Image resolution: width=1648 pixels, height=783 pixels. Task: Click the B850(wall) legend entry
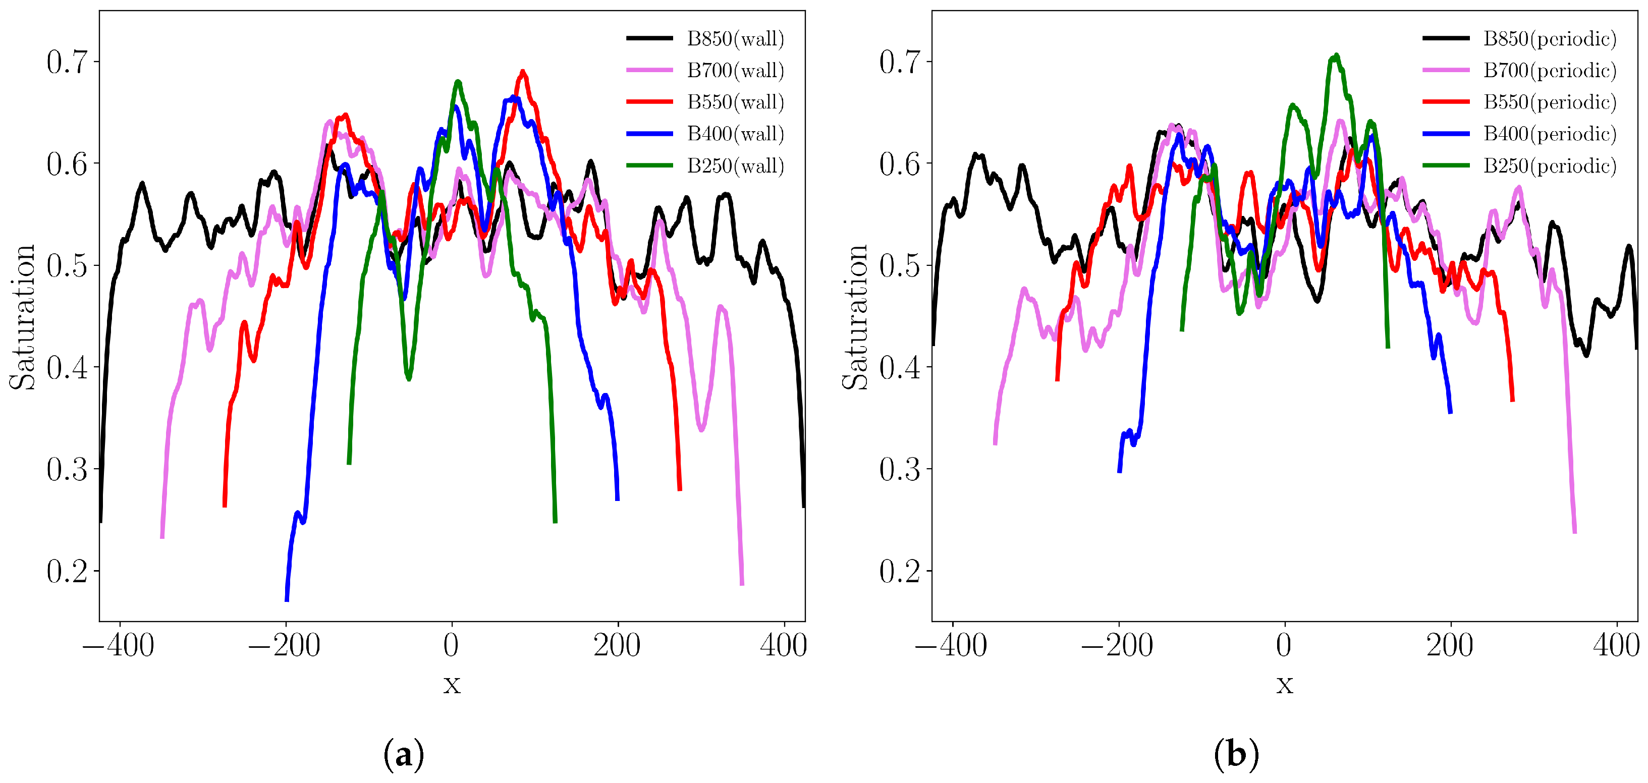tap(735, 38)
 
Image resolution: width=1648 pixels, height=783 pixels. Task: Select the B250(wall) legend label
tap(735, 165)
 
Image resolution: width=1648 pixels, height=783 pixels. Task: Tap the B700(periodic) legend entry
tap(1549, 70)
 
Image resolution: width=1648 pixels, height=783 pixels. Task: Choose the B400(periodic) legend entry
tap(1549, 134)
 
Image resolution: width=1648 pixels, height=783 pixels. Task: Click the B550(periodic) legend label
tap(1549, 102)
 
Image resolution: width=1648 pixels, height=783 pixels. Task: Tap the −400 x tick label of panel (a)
tap(119, 645)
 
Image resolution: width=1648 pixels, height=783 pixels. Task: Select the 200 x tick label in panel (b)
tap(1450, 645)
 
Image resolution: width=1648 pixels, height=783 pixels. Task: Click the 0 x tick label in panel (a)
tap(451, 645)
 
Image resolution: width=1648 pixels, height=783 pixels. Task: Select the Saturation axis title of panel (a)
tap(22, 317)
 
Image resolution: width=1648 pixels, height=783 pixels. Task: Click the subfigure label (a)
tap(404, 755)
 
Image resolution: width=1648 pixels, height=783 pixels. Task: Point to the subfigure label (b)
tap(1236, 755)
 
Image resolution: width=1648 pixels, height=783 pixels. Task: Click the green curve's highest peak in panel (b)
tap(1335, 57)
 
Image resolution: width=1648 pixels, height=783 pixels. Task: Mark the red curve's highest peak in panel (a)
tap(523, 72)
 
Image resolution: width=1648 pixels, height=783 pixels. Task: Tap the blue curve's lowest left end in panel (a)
tap(287, 599)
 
